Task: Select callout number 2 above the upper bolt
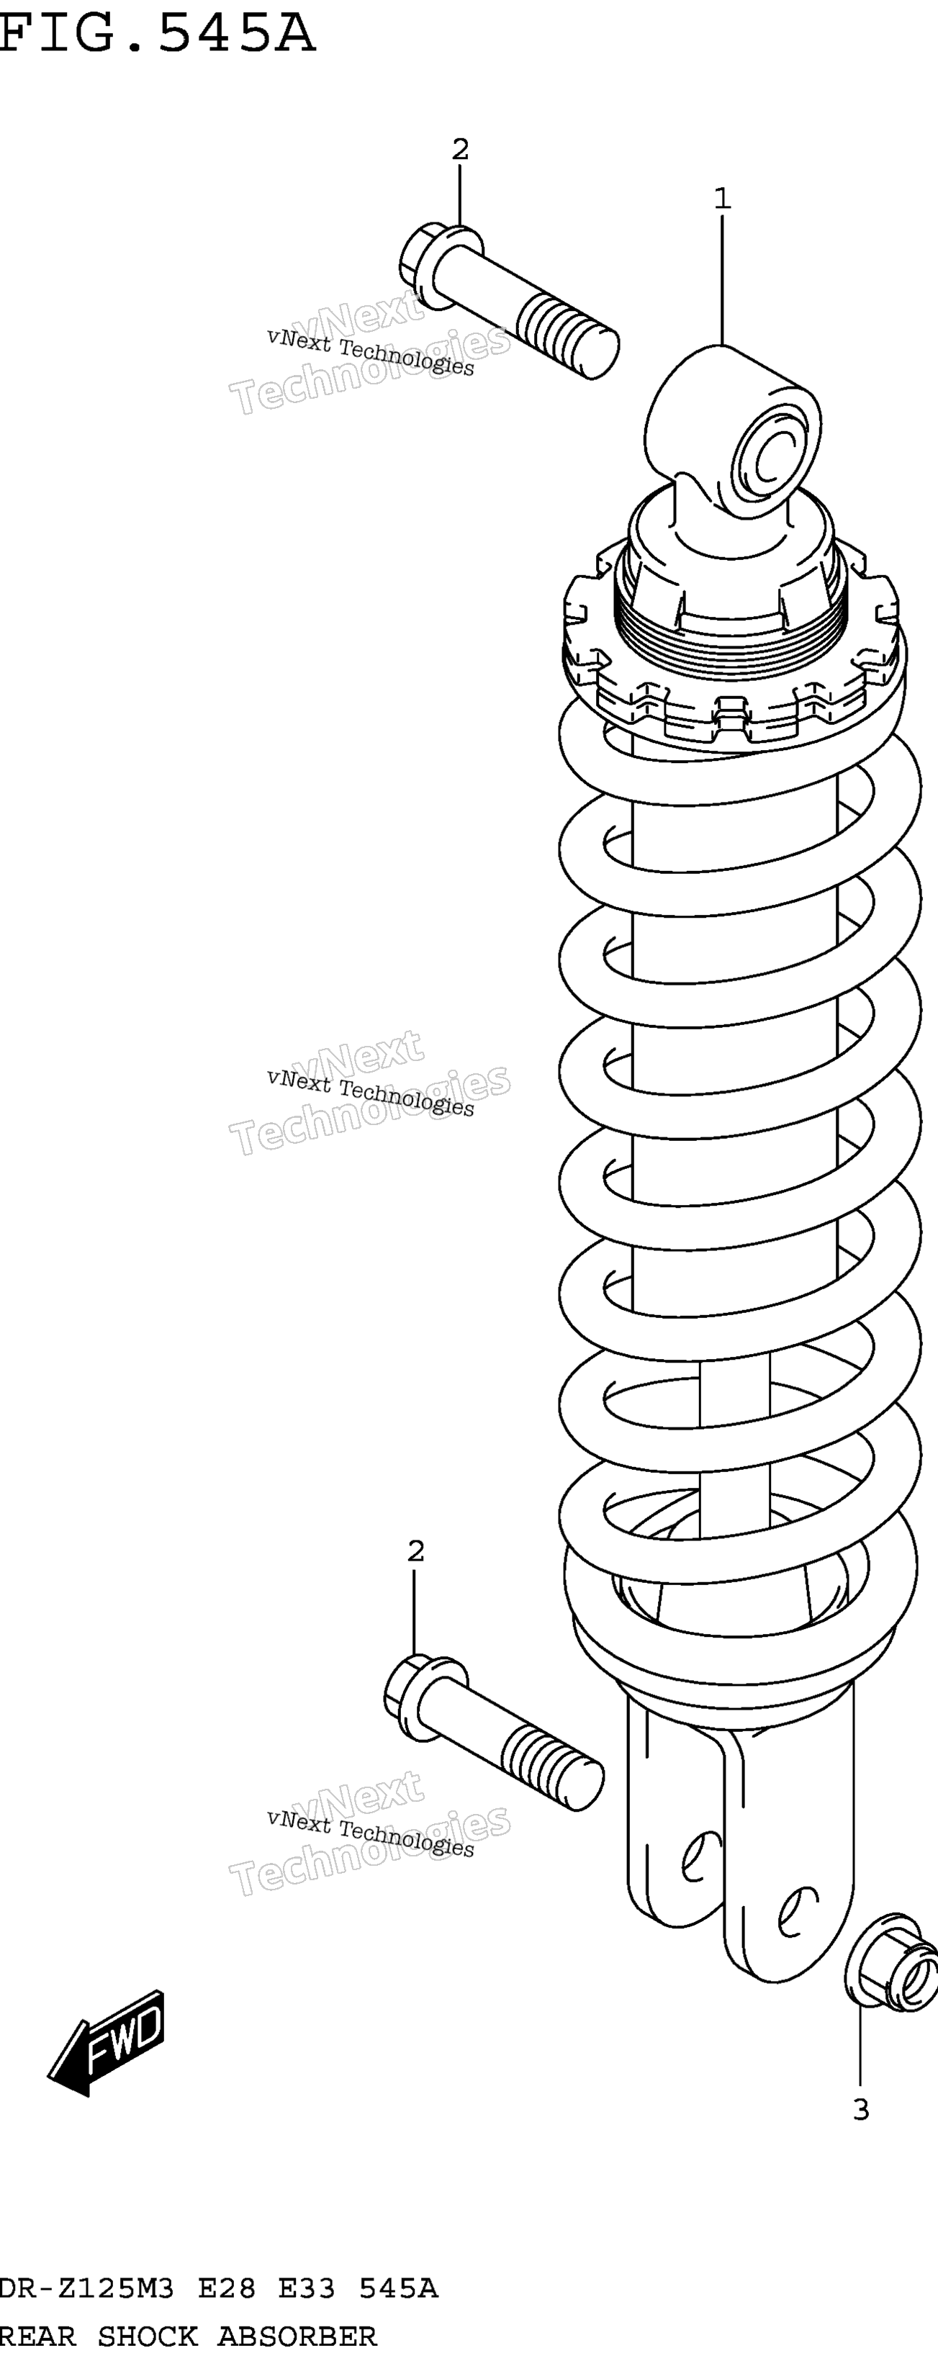(460, 148)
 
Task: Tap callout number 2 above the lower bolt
(416, 1551)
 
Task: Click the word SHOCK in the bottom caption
(147, 2336)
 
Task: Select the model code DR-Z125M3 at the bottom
(87, 2288)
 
